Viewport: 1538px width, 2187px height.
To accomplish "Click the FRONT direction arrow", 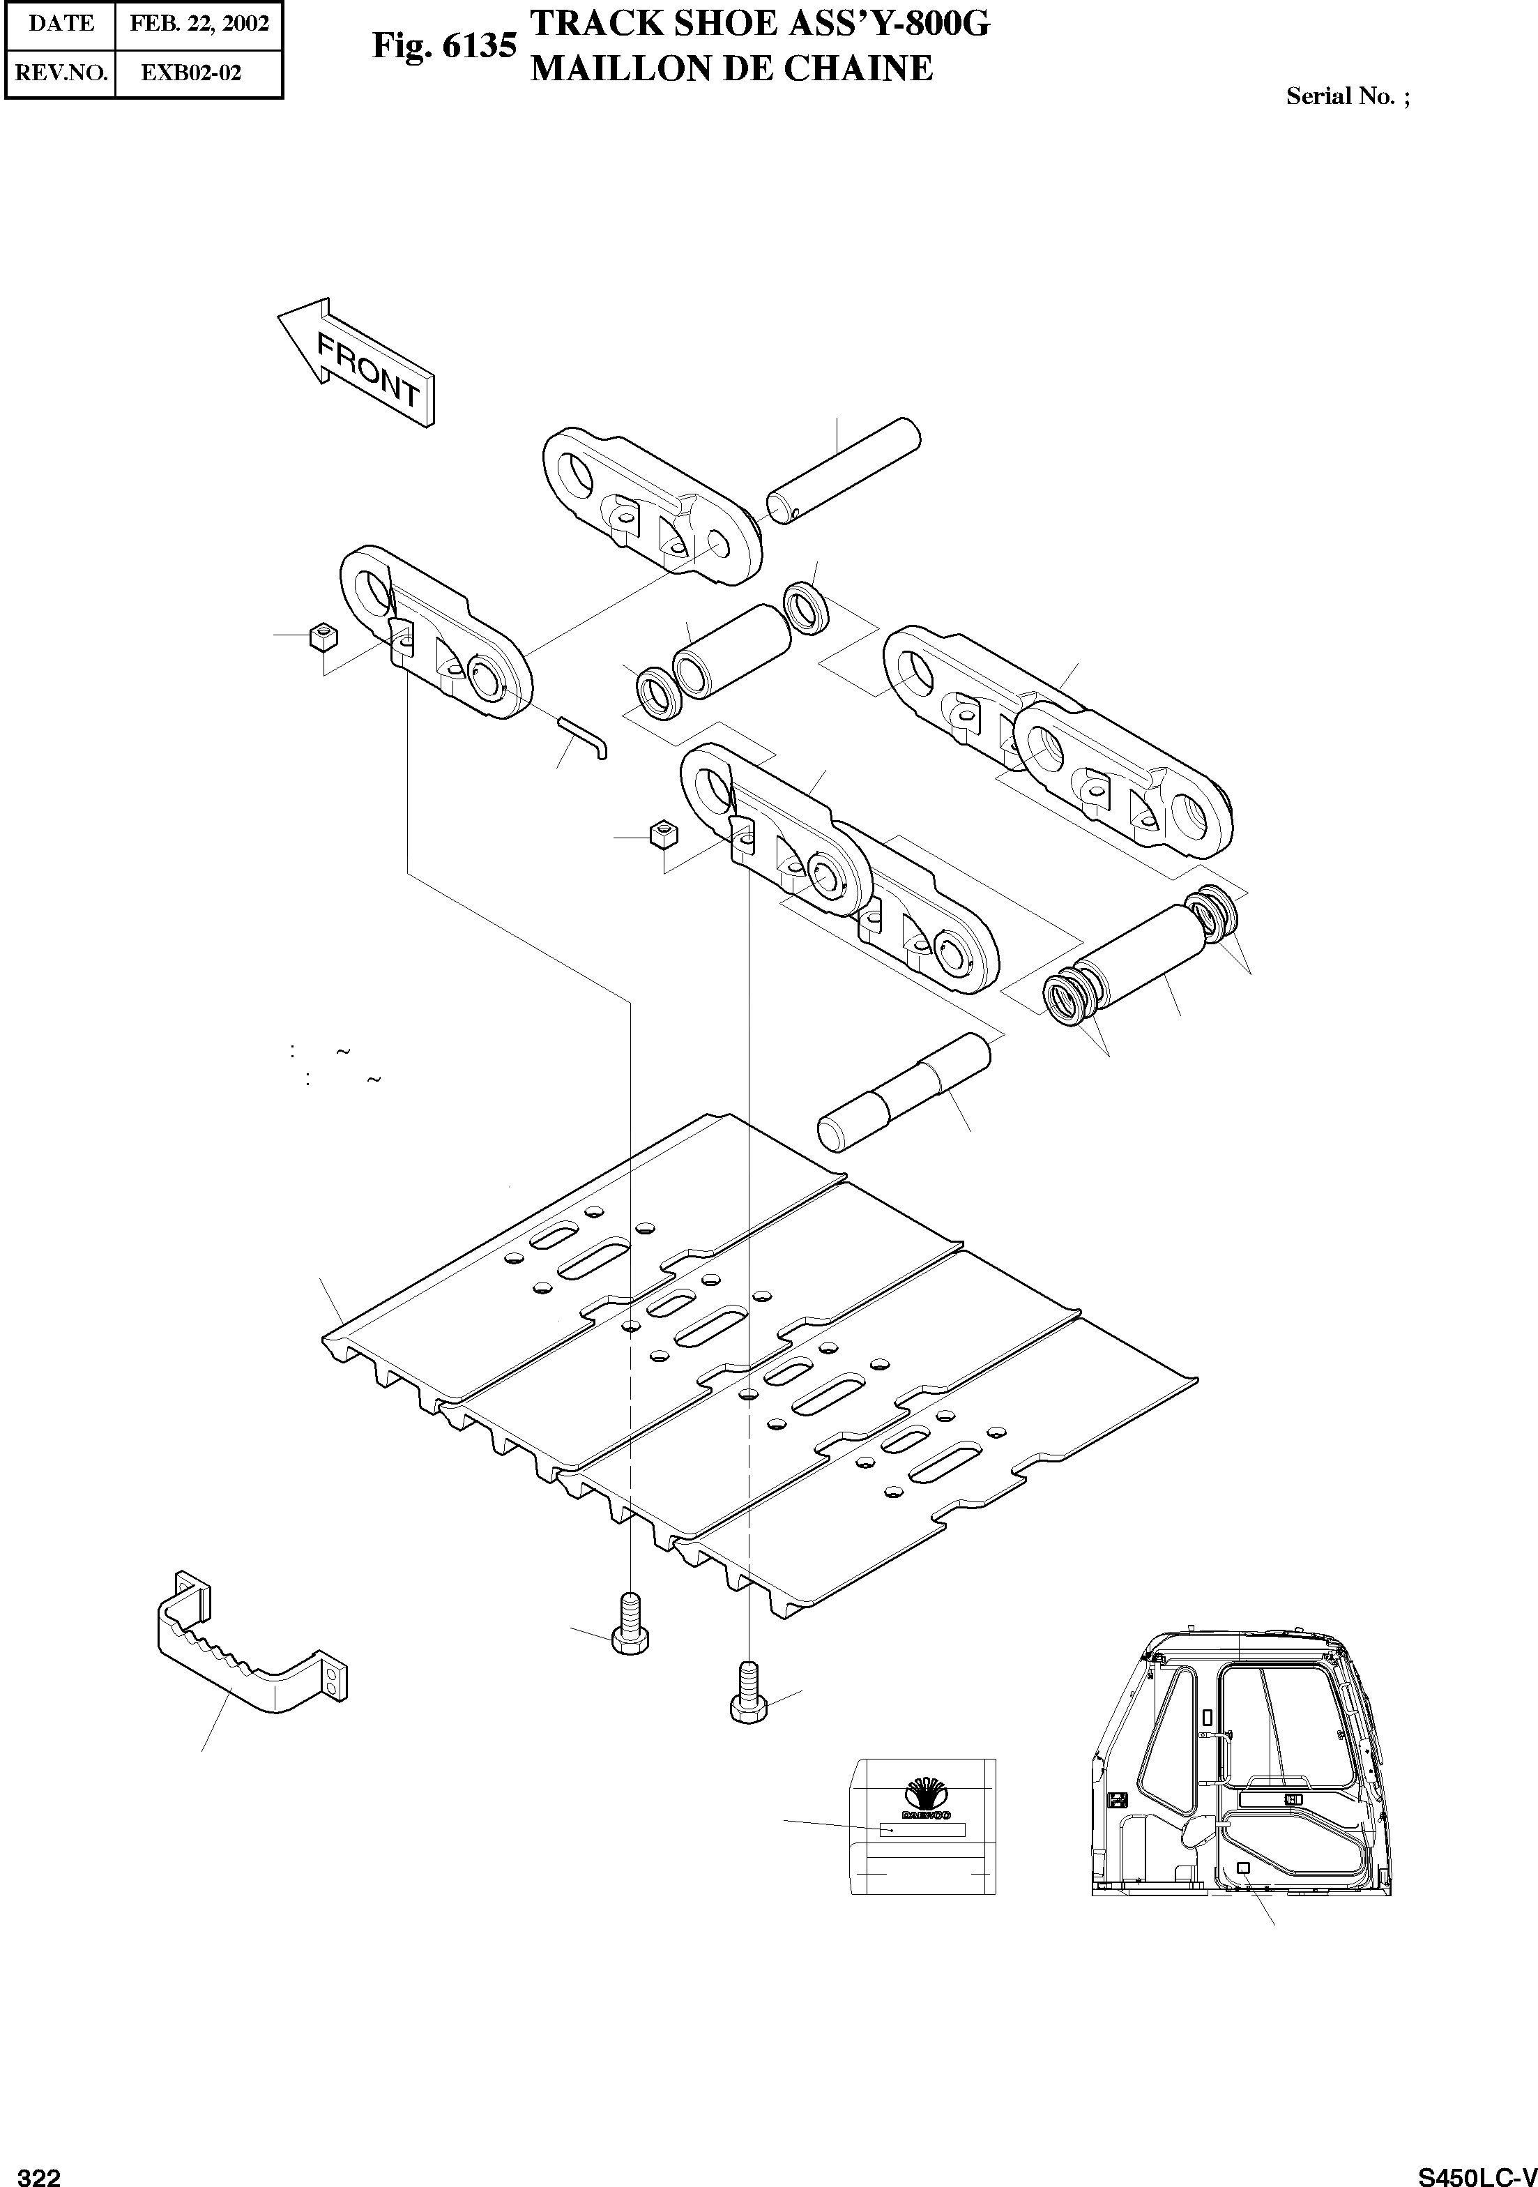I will pyautogui.click(x=359, y=362).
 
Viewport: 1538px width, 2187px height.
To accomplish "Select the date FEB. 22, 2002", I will pyautogui.click(x=199, y=23).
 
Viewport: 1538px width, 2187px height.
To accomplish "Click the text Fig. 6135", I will pyautogui.click(x=444, y=46).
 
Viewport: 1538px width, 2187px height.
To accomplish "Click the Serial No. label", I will pyautogui.click(x=1346, y=96).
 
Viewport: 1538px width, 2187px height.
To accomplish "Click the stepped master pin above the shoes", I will pyautogui.click(x=904, y=1091).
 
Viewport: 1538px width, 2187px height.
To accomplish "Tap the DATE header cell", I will pyautogui.click(x=61, y=23).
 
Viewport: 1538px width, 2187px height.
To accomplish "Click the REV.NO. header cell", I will pyautogui.click(x=61, y=73).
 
